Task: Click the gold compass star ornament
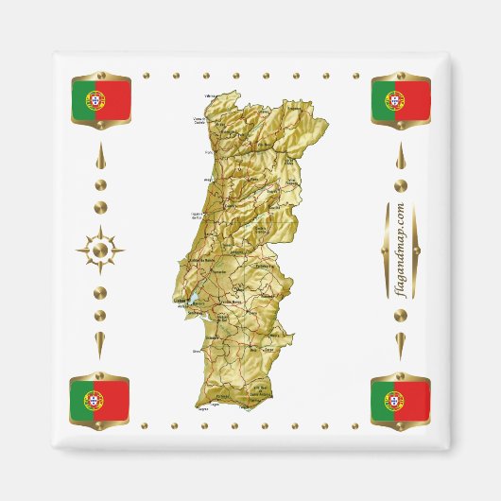[x=100, y=251]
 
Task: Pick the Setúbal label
[x=198, y=321]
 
